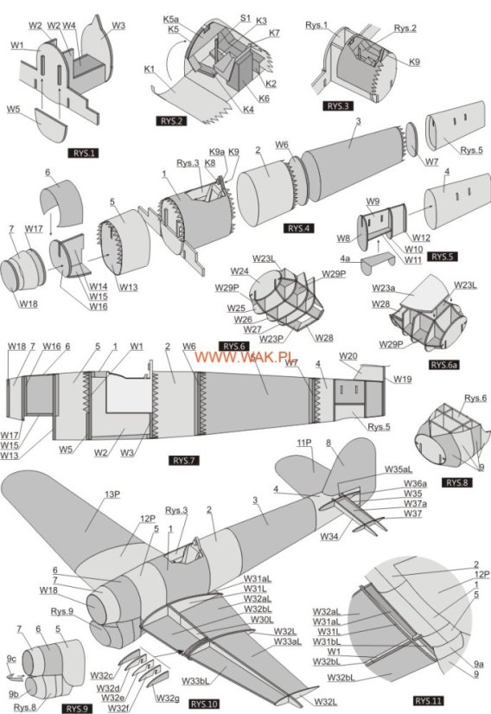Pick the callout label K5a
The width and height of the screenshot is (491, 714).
(x=172, y=19)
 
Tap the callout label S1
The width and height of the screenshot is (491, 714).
(x=245, y=17)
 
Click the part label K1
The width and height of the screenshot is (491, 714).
(x=150, y=68)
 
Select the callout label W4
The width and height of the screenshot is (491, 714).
(x=69, y=26)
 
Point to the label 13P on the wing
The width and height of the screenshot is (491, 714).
(x=112, y=494)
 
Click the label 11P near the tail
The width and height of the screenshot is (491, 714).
(x=303, y=443)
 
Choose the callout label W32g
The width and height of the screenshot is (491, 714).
(x=168, y=698)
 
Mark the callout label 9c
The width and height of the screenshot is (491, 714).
(x=11, y=658)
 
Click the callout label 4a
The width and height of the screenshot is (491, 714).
(x=345, y=258)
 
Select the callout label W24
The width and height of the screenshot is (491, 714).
(x=239, y=271)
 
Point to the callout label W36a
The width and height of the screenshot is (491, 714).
(x=416, y=482)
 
